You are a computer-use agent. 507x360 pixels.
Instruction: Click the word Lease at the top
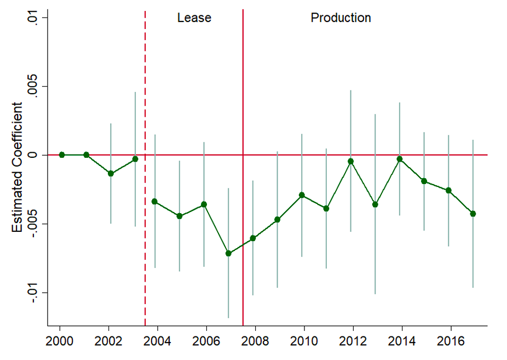(194, 18)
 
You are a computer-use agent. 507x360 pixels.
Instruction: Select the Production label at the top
(341, 18)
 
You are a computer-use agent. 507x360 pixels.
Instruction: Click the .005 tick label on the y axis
(34, 87)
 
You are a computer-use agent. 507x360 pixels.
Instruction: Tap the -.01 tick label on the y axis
(34, 293)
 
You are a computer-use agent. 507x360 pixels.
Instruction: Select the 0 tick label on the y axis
(34, 155)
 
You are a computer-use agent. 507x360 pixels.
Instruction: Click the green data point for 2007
(228, 254)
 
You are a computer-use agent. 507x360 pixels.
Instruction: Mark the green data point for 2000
(62, 155)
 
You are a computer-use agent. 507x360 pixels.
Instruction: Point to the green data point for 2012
(350, 161)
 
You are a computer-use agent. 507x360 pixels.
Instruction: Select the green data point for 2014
(400, 159)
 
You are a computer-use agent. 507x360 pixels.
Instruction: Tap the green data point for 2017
(473, 214)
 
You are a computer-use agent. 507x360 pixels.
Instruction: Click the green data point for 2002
(111, 174)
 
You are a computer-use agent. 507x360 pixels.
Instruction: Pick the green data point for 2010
(302, 195)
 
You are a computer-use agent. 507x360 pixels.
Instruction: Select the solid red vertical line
(243, 110)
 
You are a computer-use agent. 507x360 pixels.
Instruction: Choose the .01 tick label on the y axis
(34, 18)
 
